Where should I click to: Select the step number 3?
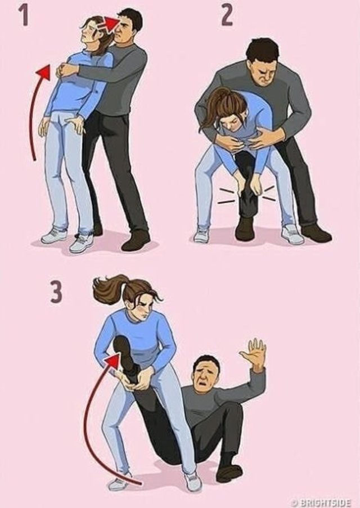[56, 292]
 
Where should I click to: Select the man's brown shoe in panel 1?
[136, 241]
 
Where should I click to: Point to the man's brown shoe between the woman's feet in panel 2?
[245, 228]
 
